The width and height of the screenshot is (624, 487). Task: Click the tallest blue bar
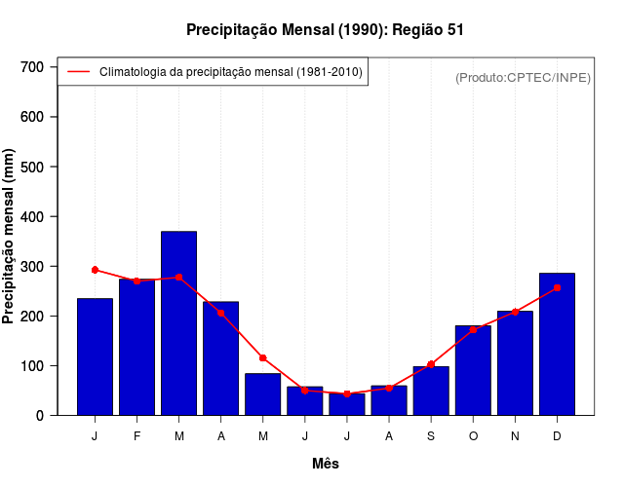(x=178, y=323)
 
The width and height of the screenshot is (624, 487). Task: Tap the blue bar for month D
(x=557, y=345)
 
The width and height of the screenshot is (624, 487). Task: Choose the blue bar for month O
(x=473, y=371)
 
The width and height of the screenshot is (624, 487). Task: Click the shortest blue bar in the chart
(x=346, y=404)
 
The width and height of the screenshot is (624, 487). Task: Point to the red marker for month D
(x=557, y=288)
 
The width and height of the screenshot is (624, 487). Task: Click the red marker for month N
(x=515, y=312)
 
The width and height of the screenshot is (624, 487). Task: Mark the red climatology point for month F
(x=136, y=281)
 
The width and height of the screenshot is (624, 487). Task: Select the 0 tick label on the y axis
(x=39, y=416)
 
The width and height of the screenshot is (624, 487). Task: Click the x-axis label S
(x=431, y=436)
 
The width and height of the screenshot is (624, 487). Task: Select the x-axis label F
(x=136, y=436)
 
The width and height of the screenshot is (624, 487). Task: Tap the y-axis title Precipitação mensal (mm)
(x=10, y=237)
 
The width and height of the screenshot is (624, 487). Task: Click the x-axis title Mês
(x=326, y=464)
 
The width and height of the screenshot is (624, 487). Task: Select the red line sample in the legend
(x=79, y=72)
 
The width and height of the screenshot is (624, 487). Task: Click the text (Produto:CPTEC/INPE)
(x=523, y=77)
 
